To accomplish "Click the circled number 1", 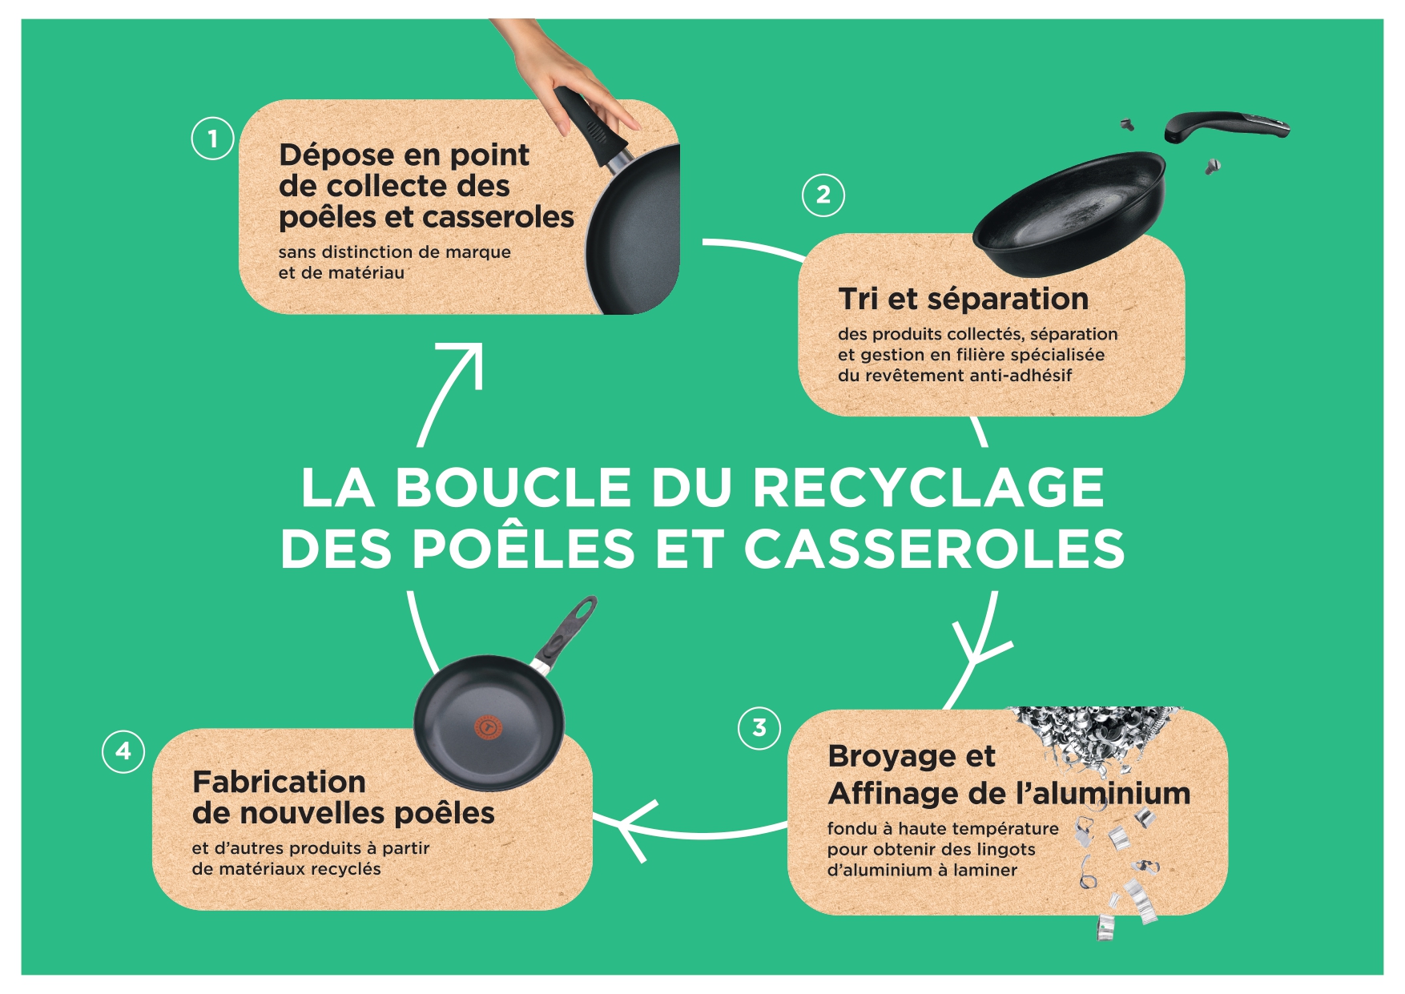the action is pos(212,139).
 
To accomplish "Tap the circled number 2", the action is pos(823,195).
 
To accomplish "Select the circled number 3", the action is pos(759,728).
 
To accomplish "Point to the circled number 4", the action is pos(123,751).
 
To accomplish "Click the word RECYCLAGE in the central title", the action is pos(929,487).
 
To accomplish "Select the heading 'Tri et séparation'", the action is pos(964,299).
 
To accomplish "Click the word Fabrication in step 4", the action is pos(279,782).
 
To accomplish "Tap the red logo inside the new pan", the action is pos(487,726).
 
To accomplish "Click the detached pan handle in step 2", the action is pos(1226,127).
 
